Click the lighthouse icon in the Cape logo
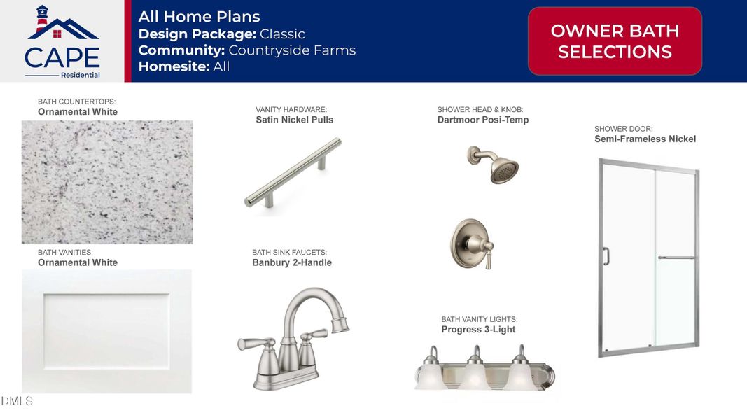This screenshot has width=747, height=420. (43, 18)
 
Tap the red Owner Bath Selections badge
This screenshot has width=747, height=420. (615, 41)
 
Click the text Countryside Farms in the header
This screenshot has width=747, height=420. (292, 50)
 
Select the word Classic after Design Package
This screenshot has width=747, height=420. (282, 34)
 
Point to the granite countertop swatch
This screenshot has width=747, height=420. (107, 182)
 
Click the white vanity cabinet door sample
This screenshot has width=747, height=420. (106, 331)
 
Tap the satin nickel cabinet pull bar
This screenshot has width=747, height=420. (293, 173)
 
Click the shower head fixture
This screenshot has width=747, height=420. (494, 164)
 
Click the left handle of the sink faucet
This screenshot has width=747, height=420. (256, 344)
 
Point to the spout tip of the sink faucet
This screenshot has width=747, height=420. (340, 325)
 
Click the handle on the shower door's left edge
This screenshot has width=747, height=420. (606, 256)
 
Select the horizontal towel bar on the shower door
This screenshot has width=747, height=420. (676, 258)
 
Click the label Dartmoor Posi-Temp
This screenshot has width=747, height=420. (483, 120)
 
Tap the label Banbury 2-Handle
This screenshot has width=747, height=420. (292, 262)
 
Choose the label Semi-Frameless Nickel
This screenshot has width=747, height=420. (645, 139)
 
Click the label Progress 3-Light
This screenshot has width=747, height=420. (478, 330)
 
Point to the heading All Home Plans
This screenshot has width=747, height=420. (199, 17)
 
